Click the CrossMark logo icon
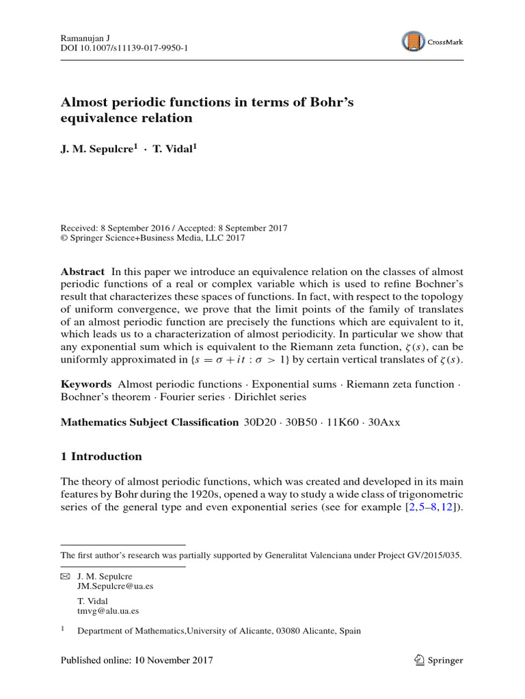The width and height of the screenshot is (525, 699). click(x=413, y=42)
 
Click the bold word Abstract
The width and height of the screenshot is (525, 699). click(x=83, y=272)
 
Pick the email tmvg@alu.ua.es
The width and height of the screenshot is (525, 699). click(x=108, y=611)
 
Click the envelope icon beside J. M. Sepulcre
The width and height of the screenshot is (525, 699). click(x=65, y=577)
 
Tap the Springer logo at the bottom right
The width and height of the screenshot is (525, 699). click(x=439, y=660)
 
